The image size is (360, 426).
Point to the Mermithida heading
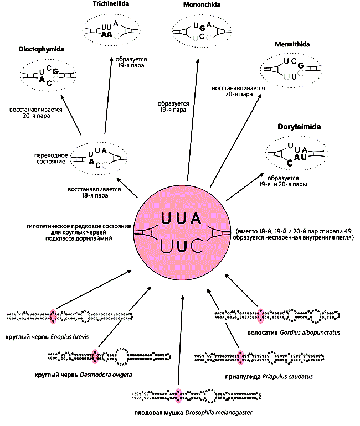(292, 44)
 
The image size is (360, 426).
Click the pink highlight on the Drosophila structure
(179, 395)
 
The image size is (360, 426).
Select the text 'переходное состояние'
(49, 158)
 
